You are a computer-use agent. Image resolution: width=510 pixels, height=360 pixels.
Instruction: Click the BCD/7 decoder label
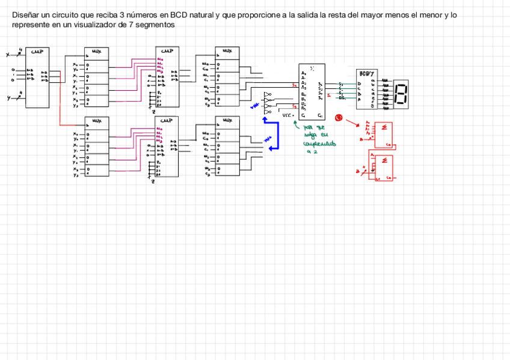coord(366,73)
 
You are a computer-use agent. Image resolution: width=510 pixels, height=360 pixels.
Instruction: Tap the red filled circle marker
coord(338,118)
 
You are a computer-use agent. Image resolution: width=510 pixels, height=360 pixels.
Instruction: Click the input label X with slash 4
coord(13,54)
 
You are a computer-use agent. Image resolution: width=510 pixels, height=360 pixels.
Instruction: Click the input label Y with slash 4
coord(13,97)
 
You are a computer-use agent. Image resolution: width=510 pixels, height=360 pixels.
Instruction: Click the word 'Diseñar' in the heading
coord(26,15)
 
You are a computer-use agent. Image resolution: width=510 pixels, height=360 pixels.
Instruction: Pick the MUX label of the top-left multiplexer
coord(96,52)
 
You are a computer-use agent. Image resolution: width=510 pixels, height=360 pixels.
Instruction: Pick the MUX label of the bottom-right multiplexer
coord(227,120)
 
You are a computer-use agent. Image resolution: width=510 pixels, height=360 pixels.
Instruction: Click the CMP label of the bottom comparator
coord(167,120)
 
